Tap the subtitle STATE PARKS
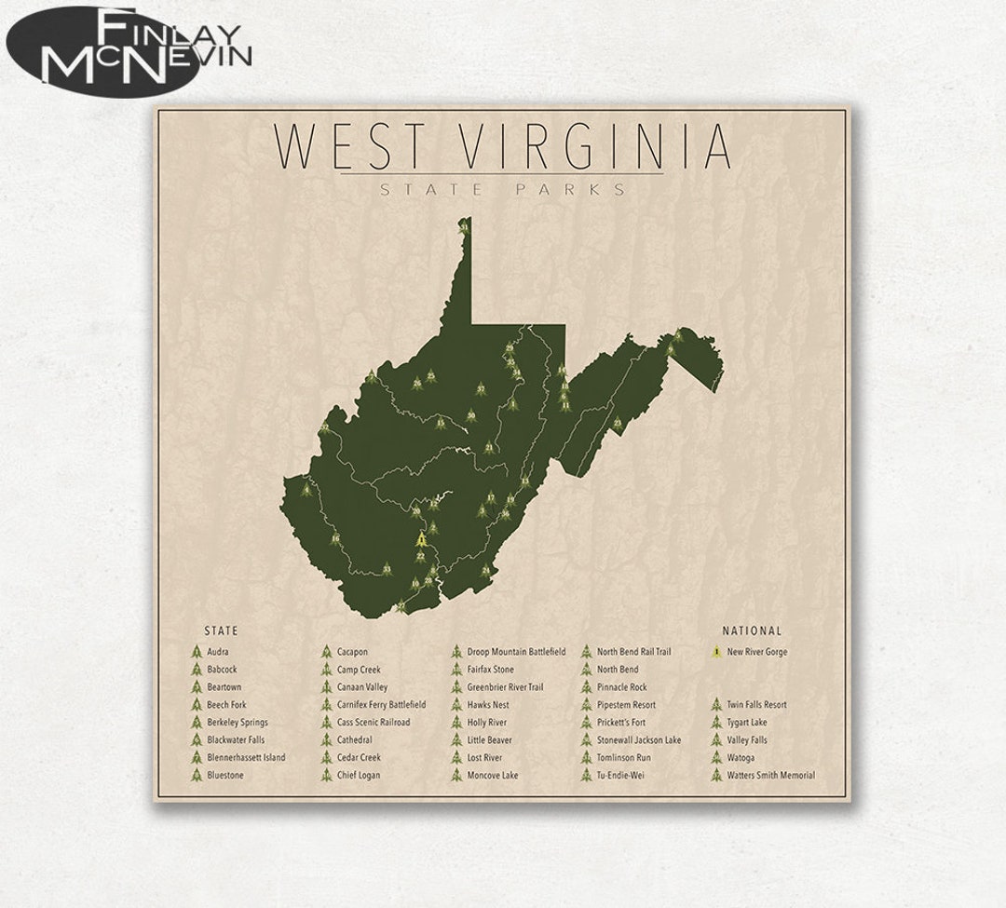point(502,190)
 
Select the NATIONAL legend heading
point(752,630)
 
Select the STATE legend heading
point(221,630)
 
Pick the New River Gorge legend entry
point(756,652)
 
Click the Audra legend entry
point(218,652)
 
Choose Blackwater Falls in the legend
point(236,740)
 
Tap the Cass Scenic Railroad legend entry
point(373,723)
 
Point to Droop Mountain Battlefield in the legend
point(516,652)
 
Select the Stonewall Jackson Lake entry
point(638,740)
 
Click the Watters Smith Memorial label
point(770,776)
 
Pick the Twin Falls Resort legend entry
point(756,705)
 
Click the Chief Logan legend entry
point(359,776)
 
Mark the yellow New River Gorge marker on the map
point(422,540)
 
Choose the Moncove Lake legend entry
point(493,776)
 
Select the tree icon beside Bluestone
point(197,775)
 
